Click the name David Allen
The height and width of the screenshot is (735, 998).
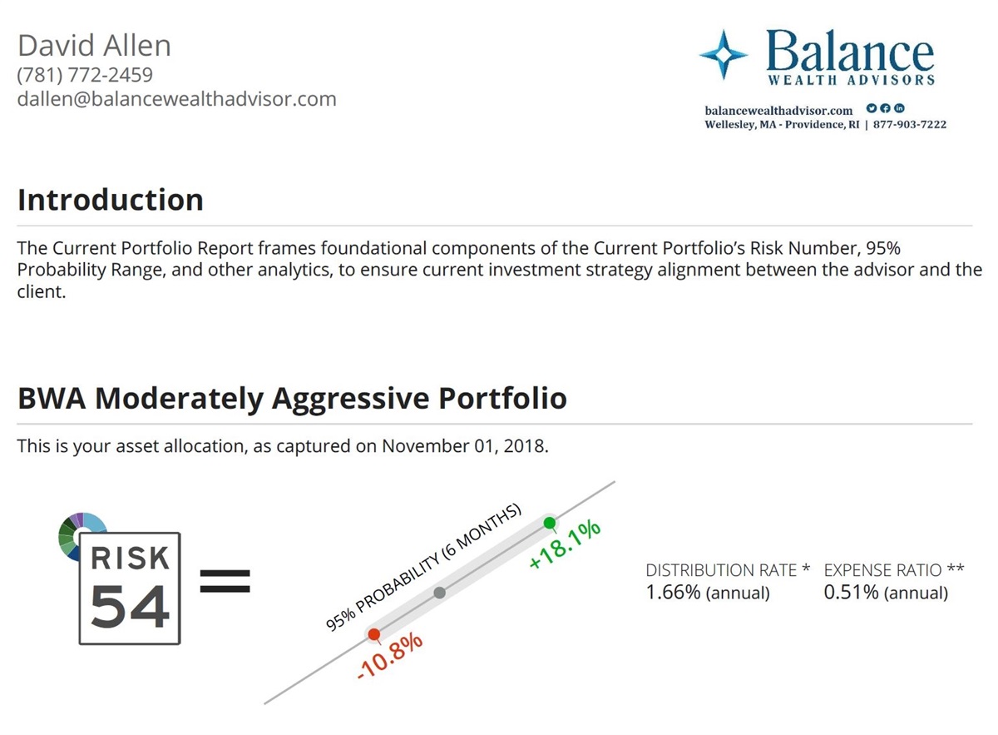[94, 45]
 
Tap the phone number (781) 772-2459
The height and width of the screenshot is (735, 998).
[85, 75]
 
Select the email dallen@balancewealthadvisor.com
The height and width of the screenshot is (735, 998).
[176, 99]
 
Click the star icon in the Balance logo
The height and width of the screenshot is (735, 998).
[724, 55]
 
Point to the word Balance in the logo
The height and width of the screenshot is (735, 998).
[849, 52]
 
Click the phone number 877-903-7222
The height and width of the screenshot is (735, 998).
[910, 124]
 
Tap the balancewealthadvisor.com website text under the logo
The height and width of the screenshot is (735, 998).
[778, 110]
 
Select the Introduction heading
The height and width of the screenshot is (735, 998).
[110, 200]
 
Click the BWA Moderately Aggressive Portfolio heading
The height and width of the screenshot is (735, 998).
[292, 398]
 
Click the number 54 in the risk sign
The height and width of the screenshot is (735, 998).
[130, 608]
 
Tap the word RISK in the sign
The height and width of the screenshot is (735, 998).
[130, 559]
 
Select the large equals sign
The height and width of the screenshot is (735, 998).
[225, 580]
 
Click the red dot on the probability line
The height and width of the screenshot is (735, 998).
[374, 634]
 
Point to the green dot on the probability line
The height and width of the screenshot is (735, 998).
[549, 523]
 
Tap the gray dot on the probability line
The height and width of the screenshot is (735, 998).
[440, 593]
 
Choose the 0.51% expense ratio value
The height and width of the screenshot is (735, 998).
[851, 593]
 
